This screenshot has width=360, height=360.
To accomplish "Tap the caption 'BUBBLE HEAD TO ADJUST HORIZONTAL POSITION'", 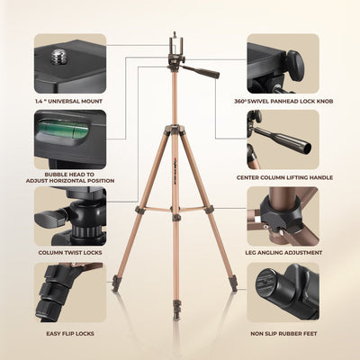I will tap(69, 177).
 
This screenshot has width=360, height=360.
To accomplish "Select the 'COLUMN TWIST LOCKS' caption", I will tap(69, 253).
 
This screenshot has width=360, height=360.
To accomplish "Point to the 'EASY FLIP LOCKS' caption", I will tap(69, 333).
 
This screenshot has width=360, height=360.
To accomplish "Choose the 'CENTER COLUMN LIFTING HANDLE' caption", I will tap(290, 177).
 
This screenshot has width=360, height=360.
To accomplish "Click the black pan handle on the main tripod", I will tap(205, 70).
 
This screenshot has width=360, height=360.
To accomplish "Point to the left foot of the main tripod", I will tap(116, 290).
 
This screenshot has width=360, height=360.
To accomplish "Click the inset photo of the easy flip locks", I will tap(70, 292).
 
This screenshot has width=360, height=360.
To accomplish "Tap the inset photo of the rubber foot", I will tap(283, 292).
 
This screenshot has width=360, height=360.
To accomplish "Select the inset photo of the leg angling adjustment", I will tap(283, 216).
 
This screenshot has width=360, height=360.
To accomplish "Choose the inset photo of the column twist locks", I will tap(70, 216).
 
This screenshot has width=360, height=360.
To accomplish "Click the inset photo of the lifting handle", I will tap(283, 139).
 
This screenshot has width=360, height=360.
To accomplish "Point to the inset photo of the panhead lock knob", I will tap(283, 63).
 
